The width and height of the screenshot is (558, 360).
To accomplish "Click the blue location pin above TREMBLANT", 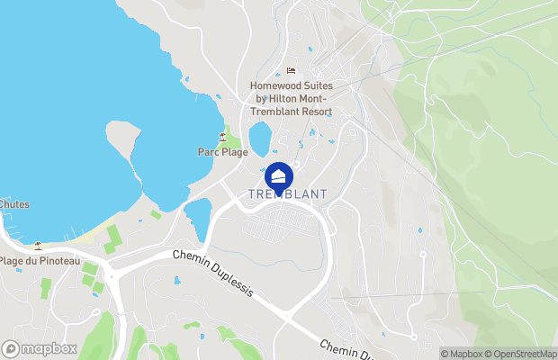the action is (x=279, y=175).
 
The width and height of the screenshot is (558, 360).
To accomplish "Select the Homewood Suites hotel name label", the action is (x=291, y=99).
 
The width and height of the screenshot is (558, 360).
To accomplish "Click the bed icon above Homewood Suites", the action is (x=290, y=71).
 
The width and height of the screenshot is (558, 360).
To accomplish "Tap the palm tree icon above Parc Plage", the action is (x=221, y=137).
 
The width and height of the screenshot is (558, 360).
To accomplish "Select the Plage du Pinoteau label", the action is (x=40, y=261).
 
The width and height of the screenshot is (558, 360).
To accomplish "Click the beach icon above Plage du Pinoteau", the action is (x=38, y=245).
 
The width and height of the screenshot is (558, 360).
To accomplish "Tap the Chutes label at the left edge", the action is (x=14, y=204).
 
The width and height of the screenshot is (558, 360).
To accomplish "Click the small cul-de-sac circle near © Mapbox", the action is (x=413, y=336).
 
